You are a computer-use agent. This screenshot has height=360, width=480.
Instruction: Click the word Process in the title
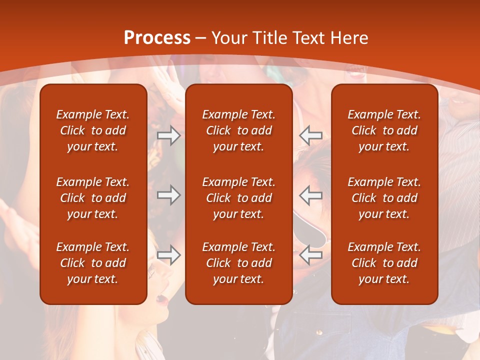click(x=157, y=38)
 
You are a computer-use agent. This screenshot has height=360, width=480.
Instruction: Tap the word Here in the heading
click(x=349, y=38)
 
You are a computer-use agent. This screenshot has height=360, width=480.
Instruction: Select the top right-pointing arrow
click(x=168, y=135)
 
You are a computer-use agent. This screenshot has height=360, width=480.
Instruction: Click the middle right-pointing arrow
click(x=168, y=195)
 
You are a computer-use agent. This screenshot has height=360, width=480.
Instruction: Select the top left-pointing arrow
click(x=311, y=135)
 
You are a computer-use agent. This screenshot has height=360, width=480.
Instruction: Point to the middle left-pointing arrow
click(x=311, y=195)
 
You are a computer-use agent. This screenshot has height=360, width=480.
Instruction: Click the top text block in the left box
click(x=93, y=130)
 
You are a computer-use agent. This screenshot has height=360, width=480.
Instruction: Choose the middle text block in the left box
click(x=93, y=198)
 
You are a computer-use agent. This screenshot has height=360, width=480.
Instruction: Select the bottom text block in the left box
click(x=93, y=263)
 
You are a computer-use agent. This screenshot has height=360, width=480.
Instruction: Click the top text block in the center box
click(x=239, y=130)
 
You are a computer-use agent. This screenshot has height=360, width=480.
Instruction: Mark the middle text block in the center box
click(x=239, y=198)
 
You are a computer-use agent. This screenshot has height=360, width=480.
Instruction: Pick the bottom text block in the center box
click(x=239, y=263)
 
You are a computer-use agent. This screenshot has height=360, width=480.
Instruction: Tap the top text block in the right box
click(x=384, y=130)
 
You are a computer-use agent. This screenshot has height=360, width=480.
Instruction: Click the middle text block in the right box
click(x=384, y=198)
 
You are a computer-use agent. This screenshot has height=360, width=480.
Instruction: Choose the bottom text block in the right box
click(x=384, y=263)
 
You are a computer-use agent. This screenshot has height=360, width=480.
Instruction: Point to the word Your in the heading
click(x=230, y=38)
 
